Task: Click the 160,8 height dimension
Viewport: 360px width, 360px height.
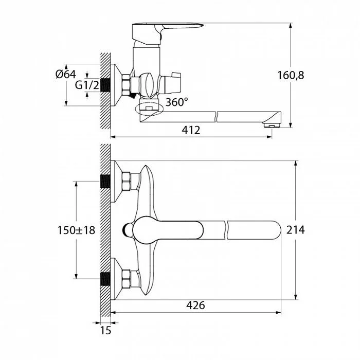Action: [291, 75]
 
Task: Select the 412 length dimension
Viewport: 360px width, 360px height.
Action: [191, 130]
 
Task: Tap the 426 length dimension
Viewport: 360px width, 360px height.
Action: [195, 305]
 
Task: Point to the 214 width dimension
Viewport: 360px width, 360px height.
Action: [296, 230]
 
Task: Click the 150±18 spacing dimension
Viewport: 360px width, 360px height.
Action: [76, 230]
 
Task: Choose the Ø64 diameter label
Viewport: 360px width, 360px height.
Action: [66, 74]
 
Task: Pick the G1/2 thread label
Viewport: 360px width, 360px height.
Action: [87, 85]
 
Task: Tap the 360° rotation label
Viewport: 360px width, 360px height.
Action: [176, 102]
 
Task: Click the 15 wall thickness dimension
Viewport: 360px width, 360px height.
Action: [105, 331]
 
